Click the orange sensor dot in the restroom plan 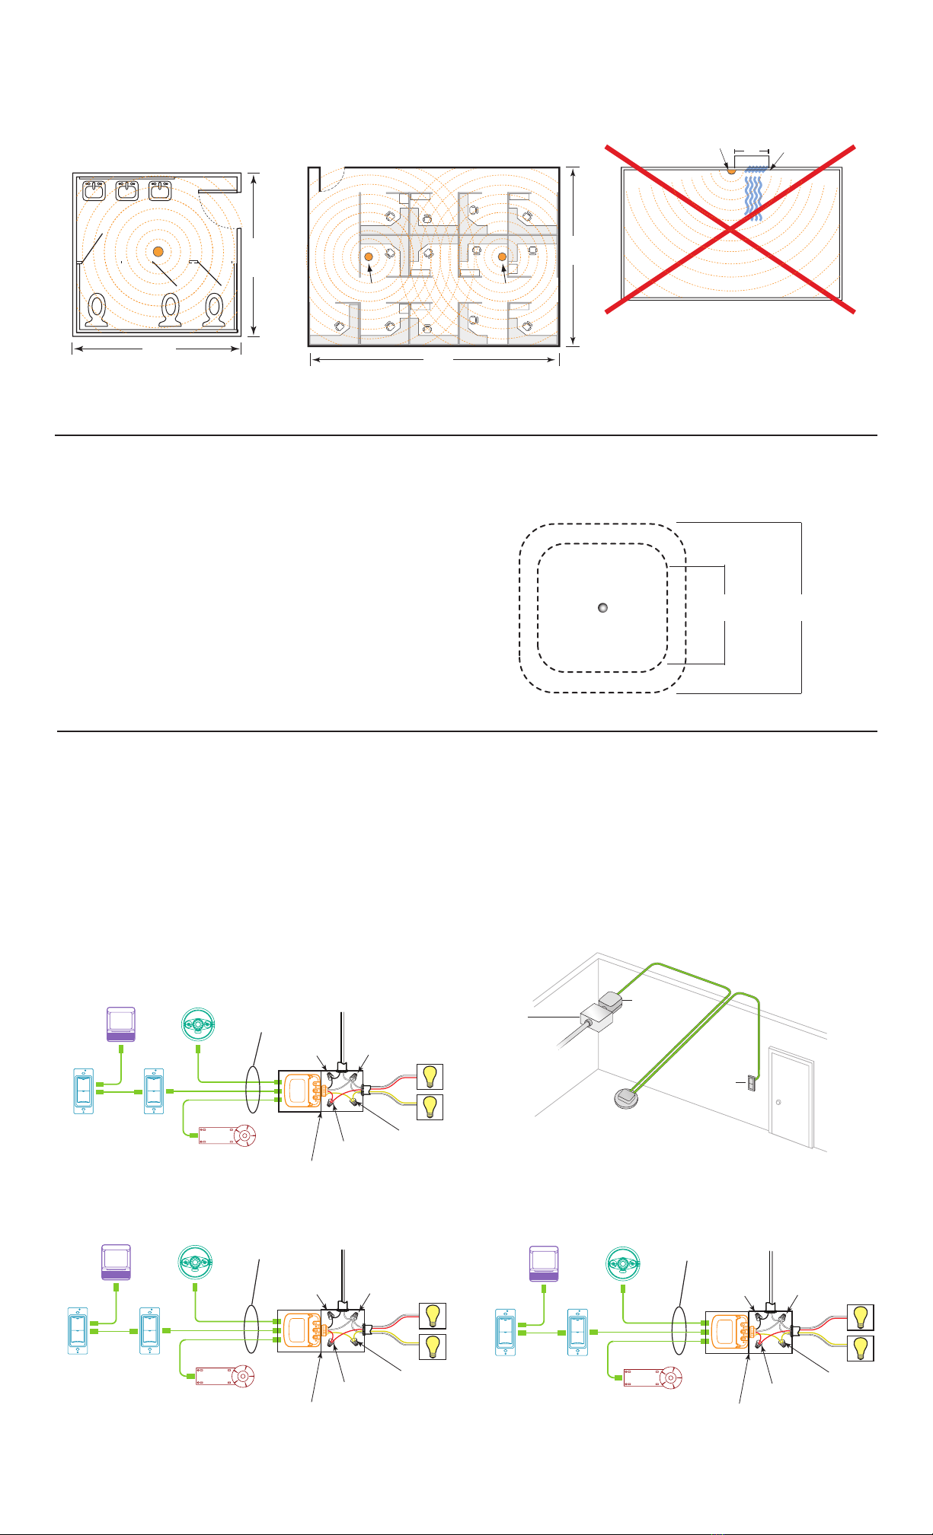[158, 251]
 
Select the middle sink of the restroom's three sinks [126, 189]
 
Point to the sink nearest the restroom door [160, 189]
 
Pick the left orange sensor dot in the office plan [368, 257]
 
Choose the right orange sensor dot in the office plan [502, 257]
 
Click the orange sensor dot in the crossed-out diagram [731, 170]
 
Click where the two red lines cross [731, 228]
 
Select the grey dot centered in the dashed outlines [602, 608]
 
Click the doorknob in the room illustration [778, 1102]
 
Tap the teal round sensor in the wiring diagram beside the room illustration [197, 1021]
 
